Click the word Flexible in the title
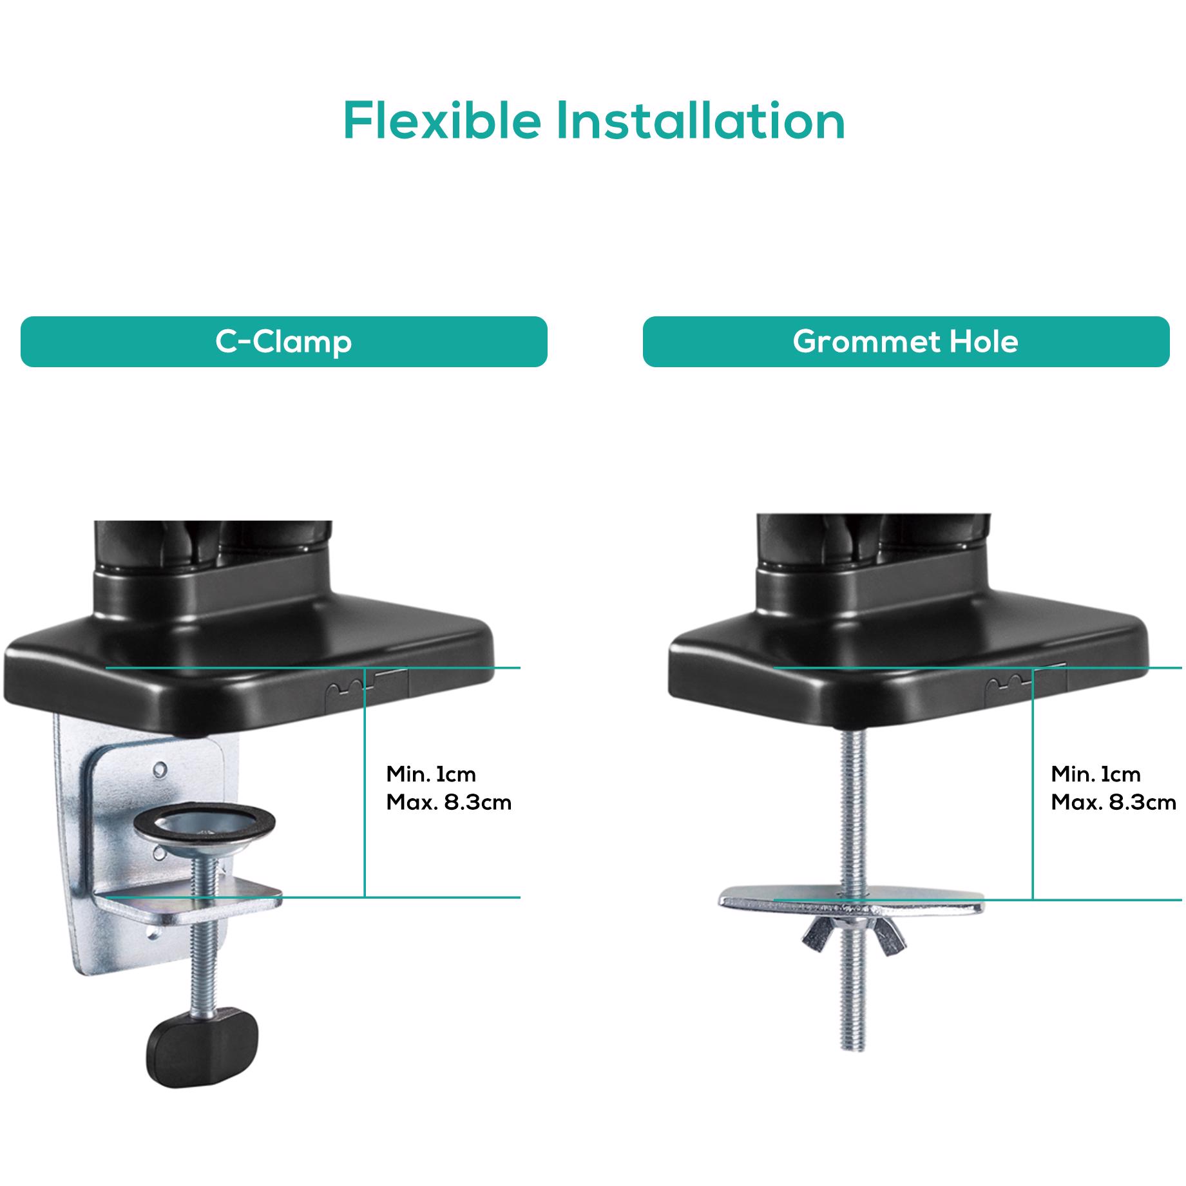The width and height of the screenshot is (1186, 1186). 441,120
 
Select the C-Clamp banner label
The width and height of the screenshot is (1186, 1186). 283,341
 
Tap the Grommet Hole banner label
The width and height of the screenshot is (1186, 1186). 905,341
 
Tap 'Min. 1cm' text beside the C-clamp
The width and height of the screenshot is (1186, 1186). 430,774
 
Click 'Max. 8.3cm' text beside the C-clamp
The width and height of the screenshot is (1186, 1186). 448,803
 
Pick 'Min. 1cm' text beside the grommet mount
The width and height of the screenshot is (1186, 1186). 1095,774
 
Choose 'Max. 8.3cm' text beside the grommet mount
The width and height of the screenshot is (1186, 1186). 1113,803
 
